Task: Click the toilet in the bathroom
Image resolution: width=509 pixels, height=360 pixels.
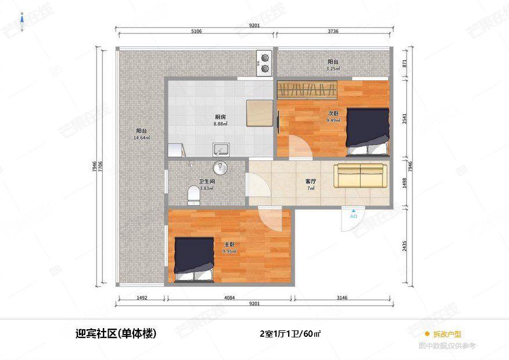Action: [x=193, y=195]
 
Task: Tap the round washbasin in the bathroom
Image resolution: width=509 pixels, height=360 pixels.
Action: [x=220, y=168]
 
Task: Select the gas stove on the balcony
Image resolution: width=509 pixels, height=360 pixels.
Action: [x=265, y=63]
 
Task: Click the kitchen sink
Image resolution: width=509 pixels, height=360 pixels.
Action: [x=221, y=150]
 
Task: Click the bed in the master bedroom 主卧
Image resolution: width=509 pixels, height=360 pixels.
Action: [x=195, y=258]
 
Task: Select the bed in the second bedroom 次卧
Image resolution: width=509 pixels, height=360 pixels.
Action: [x=367, y=131]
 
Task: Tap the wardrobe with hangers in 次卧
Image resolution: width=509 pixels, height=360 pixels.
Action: [x=307, y=90]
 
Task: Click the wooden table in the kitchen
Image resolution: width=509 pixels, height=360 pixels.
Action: [x=259, y=113]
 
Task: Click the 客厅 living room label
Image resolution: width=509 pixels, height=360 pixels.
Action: [x=311, y=182]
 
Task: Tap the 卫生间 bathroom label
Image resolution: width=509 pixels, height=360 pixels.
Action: [x=207, y=181]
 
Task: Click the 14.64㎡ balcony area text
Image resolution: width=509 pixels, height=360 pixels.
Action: [x=142, y=138]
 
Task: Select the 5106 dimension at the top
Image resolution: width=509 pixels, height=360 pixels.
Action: [x=196, y=31]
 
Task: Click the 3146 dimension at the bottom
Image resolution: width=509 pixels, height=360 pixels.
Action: [x=342, y=298]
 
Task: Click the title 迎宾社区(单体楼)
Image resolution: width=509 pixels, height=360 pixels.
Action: [x=116, y=334]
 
